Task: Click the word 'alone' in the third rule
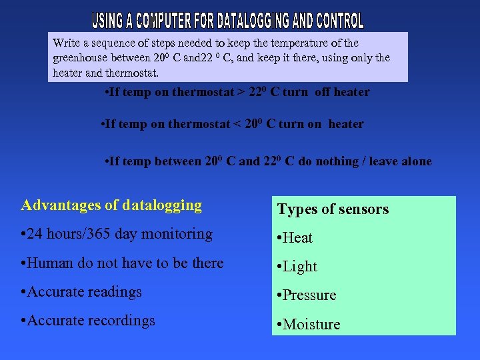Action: pyautogui.click(x=415, y=161)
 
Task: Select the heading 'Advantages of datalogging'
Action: pyautogui.click(x=111, y=205)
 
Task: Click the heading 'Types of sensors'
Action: pyautogui.click(x=333, y=209)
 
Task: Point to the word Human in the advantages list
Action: pyautogui.click(x=47, y=263)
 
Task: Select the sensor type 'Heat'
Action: pyautogui.click(x=297, y=238)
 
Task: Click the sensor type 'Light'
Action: pyautogui.click(x=300, y=267)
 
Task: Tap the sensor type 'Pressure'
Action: pyautogui.click(x=309, y=295)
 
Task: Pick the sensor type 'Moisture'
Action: pyautogui.click(x=311, y=325)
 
